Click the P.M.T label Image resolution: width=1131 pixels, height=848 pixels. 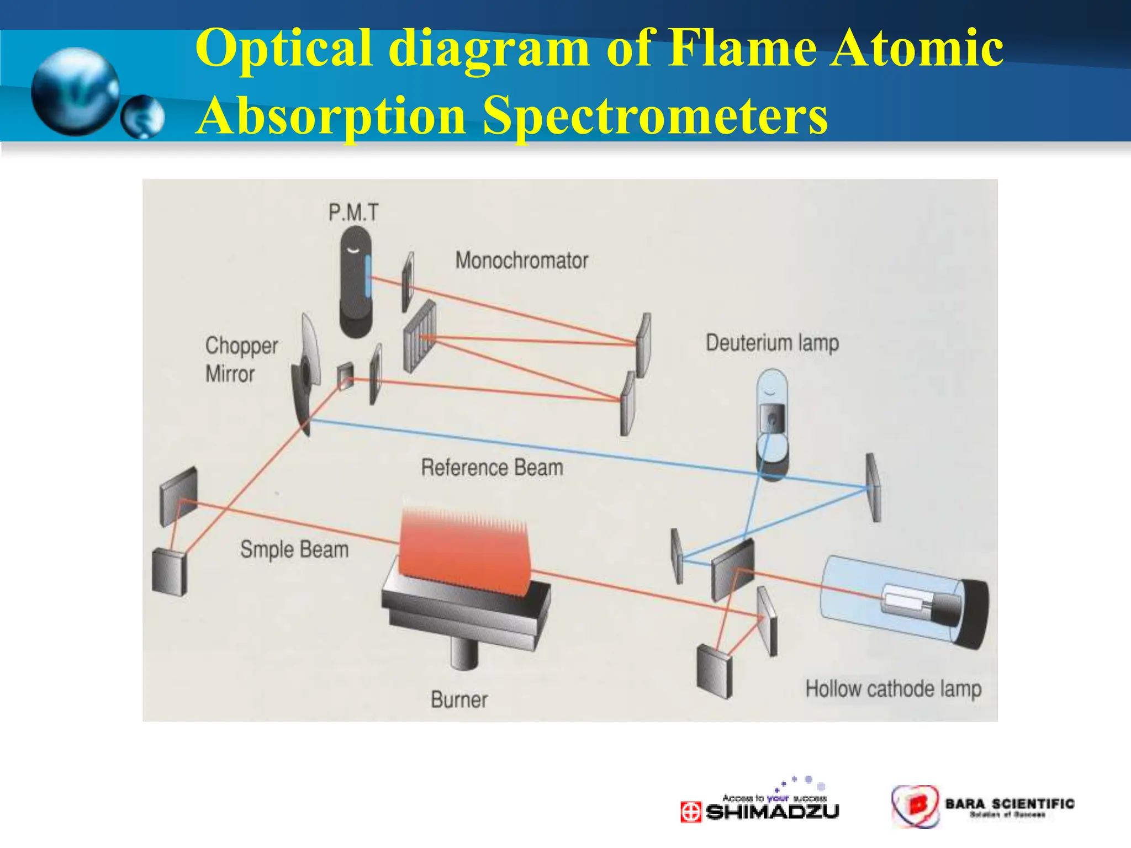pyautogui.click(x=353, y=213)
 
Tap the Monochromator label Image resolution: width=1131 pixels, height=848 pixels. pyautogui.click(x=521, y=261)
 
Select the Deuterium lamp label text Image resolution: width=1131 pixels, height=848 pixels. pyautogui.click(x=772, y=343)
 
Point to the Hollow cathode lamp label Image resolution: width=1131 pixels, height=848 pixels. pyautogui.click(x=893, y=689)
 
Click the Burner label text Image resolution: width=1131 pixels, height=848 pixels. pyautogui.click(x=459, y=700)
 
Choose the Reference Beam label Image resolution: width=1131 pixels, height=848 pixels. pyautogui.click(x=492, y=468)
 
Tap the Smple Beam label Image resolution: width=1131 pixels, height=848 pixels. pyautogui.click(x=294, y=550)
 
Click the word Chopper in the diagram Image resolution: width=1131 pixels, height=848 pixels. pyautogui.click(x=241, y=346)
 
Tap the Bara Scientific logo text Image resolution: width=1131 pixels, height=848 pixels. pyautogui.click(x=1010, y=804)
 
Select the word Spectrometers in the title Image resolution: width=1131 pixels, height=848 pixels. pyautogui.click(x=655, y=115)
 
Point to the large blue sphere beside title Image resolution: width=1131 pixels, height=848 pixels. pyautogui.click(x=75, y=91)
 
